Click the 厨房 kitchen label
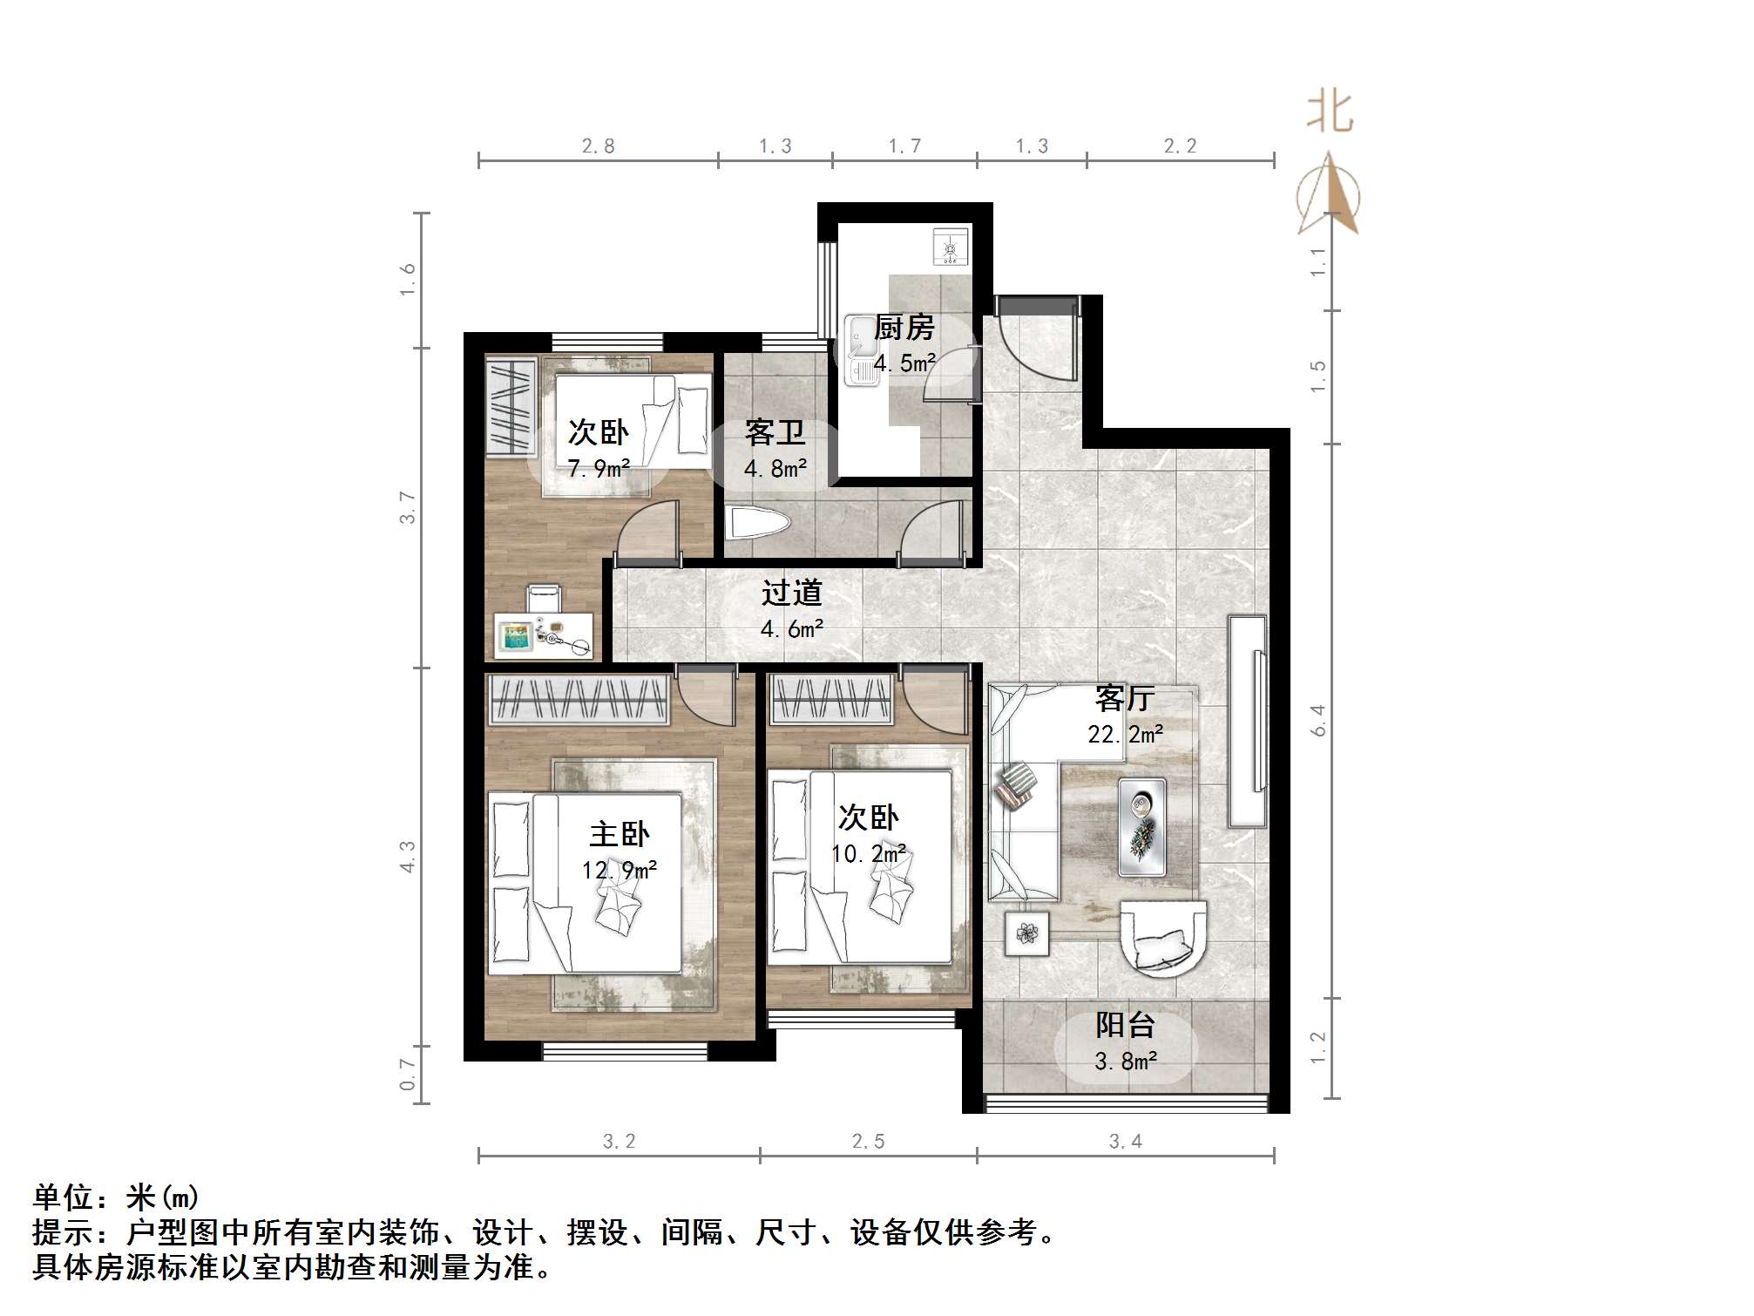coord(904,328)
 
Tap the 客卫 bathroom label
coord(774,432)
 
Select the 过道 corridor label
coord(791,593)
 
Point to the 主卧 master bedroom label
coord(619,834)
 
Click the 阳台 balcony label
coord(1125,1025)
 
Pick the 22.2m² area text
coord(1125,735)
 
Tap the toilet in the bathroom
coord(758,523)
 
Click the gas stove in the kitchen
coord(950,246)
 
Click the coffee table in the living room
coord(1141,826)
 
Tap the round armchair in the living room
coord(1162,940)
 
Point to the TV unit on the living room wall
coord(1247,721)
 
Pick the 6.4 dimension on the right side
coord(1318,721)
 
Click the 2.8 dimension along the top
coord(598,146)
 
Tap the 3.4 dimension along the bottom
coord(1125,1142)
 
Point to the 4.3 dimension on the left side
coord(407,857)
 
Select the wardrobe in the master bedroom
coord(579,700)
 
